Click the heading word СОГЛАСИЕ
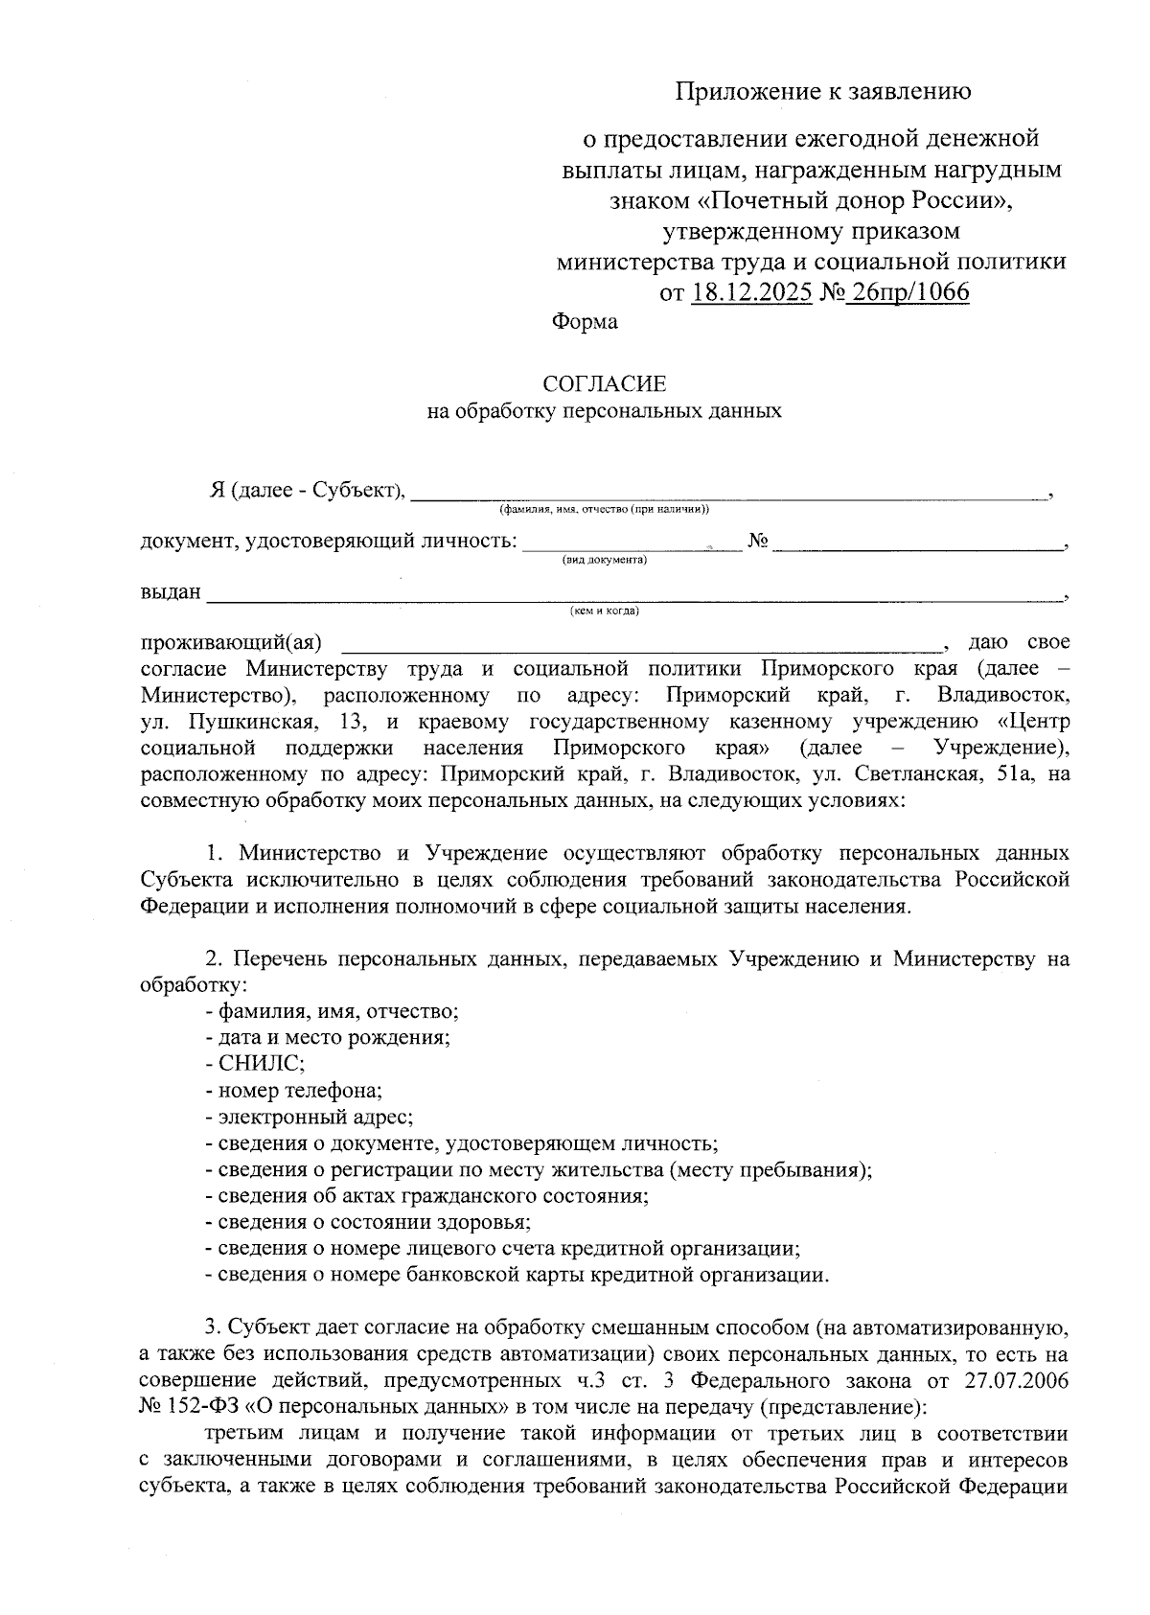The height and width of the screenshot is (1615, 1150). point(604,384)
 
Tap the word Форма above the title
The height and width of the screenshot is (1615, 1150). point(585,322)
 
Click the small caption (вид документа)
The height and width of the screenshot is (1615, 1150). point(604,560)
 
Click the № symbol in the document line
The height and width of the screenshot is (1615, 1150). point(758,542)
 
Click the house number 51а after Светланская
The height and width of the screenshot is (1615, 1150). point(1017,773)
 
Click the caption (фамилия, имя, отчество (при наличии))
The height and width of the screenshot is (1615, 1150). point(604,509)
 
